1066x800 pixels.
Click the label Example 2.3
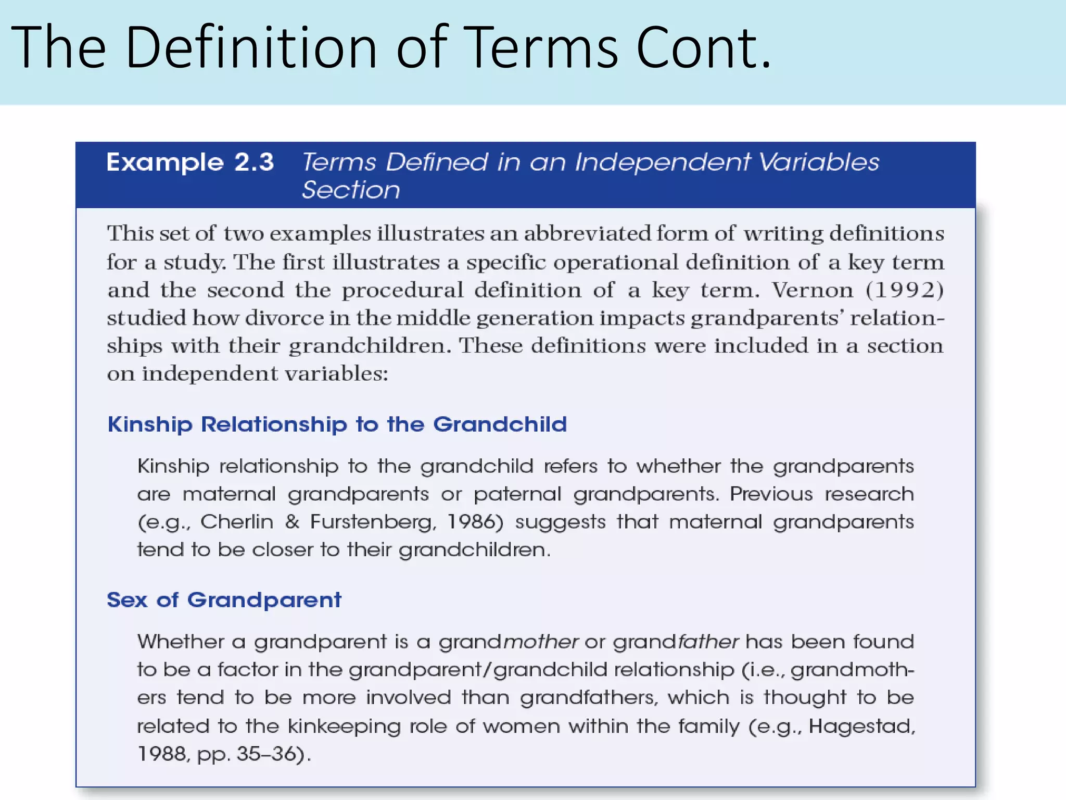[x=190, y=162]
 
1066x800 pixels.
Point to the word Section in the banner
[x=351, y=190]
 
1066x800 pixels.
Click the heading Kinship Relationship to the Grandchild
[x=337, y=424]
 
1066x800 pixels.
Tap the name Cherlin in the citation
[x=237, y=522]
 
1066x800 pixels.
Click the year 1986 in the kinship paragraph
[x=474, y=522]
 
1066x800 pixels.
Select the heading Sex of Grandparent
[x=224, y=600]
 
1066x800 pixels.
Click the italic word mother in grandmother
[x=541, y=642]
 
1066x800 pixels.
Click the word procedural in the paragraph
[x=402, y=290]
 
